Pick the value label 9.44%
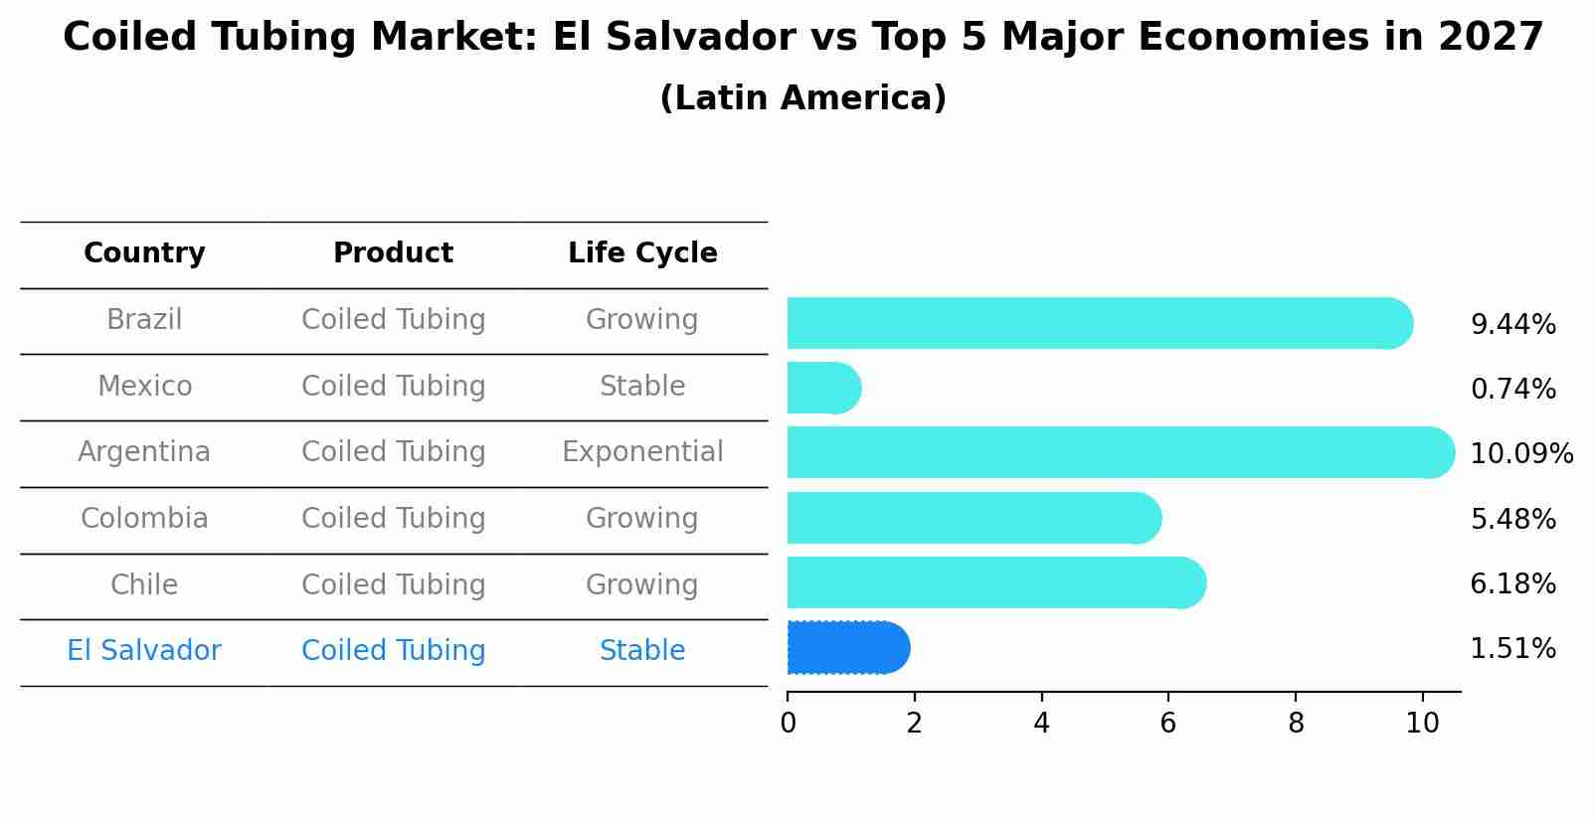pyautogui.click(x=1512, y=325)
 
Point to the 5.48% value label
pyautogui.click(x=1512, y=519)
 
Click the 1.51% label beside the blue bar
pyautogui.click(x=1512, y=649)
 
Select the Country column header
pyautogui.click(x=144, y=253)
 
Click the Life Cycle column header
pyautogui.click(x=642, y=253)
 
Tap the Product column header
pyautogui.click(x=393, y=253)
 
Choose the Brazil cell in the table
pyautogui.click(x=144, y=320)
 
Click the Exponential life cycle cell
pyautogui.click(x=642, y=452)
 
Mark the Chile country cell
pyautogui.click(x=144, y=584)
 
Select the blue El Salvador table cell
pyautogui.click(x=144, y=651)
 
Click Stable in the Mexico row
pyautogui.click(x=642, y=386)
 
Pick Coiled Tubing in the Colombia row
pyautogui.click(x=393, y=519)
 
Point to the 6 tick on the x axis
pyautogui.click(x=1168, y=723)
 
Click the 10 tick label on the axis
pyautogui.click(x=1422, y=723)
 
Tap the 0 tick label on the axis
pyautogui.click(x=788, y=723)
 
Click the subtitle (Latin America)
pyautogui.click(x=802, y=98)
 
